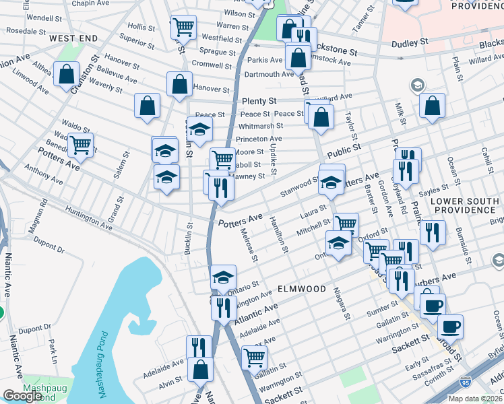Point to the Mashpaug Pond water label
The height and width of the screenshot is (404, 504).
[102, 364]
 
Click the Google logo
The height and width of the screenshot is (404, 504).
[22, 396]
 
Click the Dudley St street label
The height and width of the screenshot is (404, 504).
[410, 42]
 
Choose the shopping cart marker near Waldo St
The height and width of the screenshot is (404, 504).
[80, 144]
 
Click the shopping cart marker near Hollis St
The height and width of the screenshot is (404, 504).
[183, 28]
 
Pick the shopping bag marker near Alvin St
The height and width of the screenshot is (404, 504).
[200, 368]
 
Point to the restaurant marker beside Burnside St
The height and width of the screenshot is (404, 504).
[432, 232]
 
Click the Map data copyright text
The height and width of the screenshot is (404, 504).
[476, 399]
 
